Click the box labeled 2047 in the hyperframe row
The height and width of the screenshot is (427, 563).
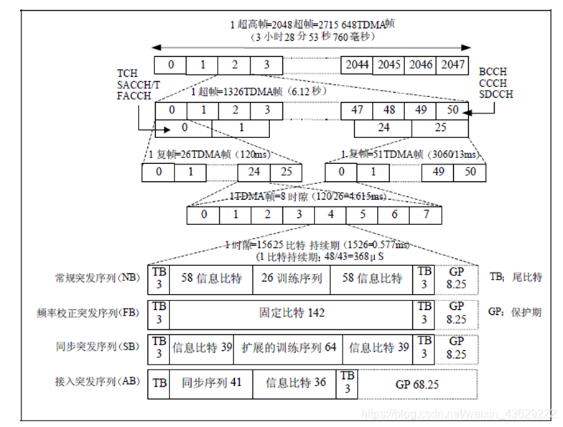pos(452,65)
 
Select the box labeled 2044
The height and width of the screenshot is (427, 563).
pos(357,65)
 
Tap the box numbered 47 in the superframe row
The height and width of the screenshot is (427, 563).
pos(357,111)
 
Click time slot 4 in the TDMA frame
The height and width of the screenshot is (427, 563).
pos(330,214)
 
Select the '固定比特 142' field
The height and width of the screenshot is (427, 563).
pos(292,313)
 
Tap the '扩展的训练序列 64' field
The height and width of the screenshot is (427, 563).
pos(289,347)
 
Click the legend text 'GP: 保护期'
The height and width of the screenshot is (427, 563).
pos(515,313)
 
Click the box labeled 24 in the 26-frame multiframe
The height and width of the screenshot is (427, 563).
pos(254,173)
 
